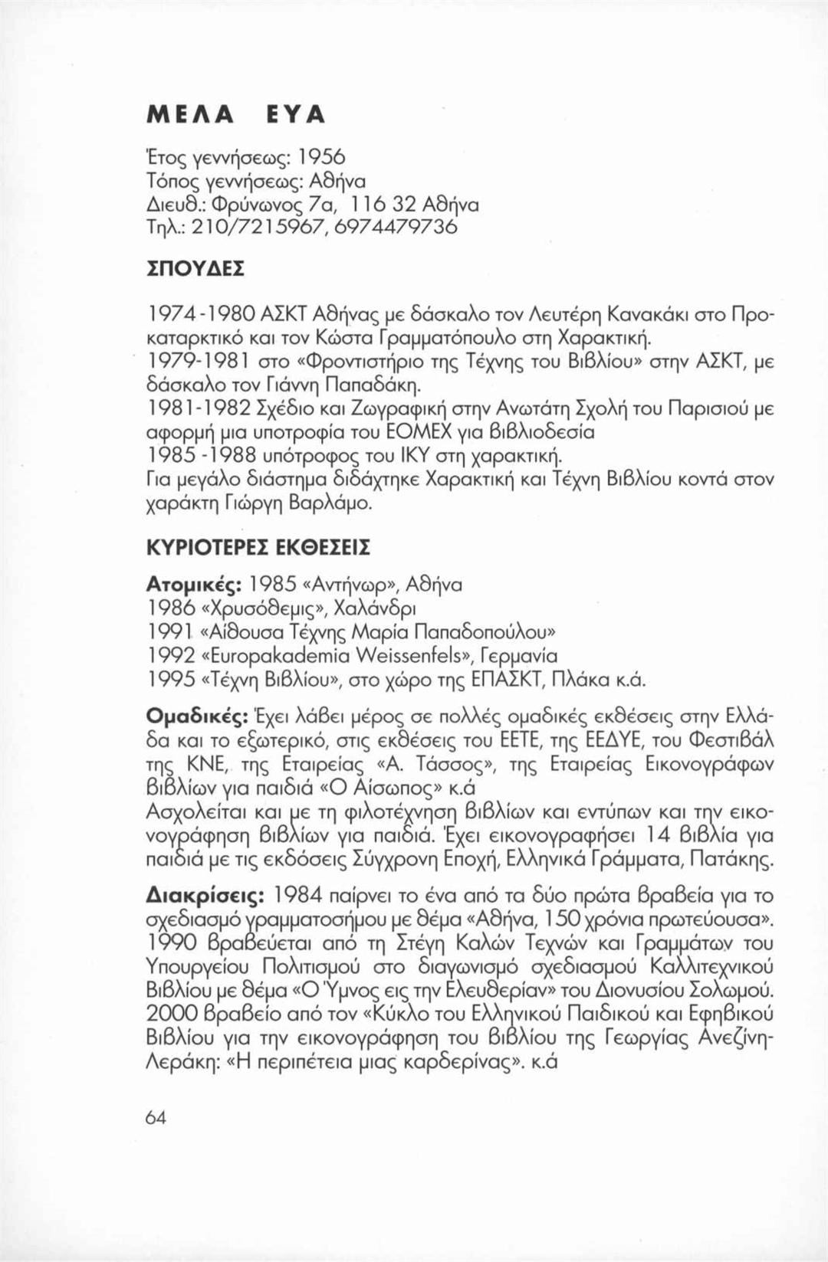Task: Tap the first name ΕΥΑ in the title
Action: tap(295, 113)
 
